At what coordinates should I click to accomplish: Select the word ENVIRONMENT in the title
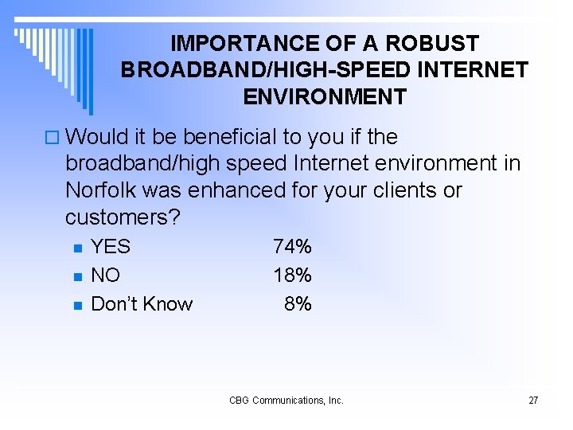point(325,97)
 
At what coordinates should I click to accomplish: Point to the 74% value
point(292,247)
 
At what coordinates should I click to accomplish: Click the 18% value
point(292,276)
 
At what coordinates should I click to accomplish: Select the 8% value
point(298,304)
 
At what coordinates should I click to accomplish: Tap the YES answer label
point(111,247)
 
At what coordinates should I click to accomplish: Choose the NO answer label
point(106,276)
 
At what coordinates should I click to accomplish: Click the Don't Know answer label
point(142,304)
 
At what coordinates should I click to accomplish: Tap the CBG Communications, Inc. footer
point(286,401)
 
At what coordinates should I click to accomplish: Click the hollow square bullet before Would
point(53,138)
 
